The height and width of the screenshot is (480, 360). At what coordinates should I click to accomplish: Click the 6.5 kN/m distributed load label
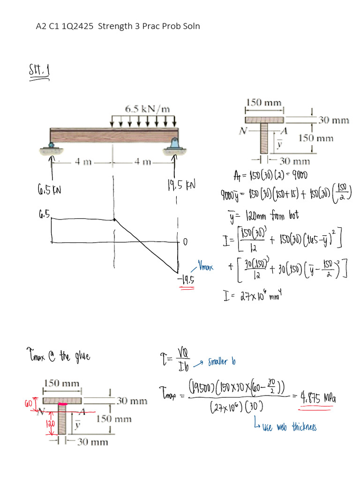pos(147,109)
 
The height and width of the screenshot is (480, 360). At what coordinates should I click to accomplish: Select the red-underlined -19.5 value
pos(187,280)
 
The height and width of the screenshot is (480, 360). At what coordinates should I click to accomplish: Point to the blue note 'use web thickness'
pos(289,427)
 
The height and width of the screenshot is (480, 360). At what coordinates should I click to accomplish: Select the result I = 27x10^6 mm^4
pos(255,296)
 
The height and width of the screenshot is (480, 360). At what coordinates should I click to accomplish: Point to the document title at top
pos(118,26)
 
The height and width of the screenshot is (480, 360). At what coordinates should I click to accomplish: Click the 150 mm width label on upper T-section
pos(264,101)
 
